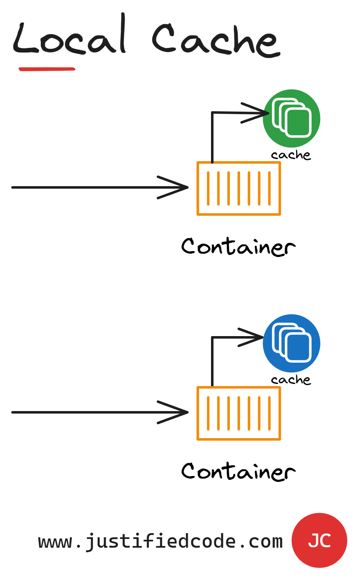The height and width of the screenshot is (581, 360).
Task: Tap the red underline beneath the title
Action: (47, 69)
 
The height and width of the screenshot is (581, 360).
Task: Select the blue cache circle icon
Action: (291, 343)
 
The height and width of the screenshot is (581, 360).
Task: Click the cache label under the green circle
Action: (291, 155)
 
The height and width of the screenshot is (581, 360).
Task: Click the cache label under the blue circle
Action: (291, 380)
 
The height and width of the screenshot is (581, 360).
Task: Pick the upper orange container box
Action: (238, 188)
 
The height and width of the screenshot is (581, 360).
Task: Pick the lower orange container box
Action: (238, 413)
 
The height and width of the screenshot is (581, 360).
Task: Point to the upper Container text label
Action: (238, 247)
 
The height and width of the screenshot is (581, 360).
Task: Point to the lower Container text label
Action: (238, 471)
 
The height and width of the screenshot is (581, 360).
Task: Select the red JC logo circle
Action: (319, 540)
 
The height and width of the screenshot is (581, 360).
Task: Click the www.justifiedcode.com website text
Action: (161, 541)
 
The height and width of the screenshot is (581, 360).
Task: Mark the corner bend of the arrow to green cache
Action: (212, 112)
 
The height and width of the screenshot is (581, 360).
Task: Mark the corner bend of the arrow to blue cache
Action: (212, 337)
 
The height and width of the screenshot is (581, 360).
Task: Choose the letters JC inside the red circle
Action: (319, 541)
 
